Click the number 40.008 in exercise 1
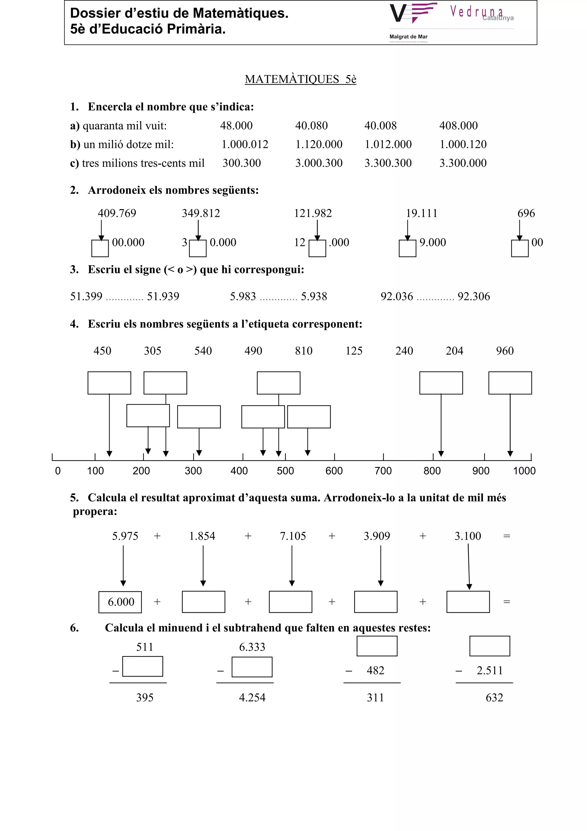click(x=380, y=126)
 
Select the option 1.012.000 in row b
click(x=388, y=145)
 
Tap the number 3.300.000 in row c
click(x=463, y=163)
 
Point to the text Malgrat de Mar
click(x=408, y=36)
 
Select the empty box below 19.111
click(x=407, y=248)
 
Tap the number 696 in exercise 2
click(x=526, y=213)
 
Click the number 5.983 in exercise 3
click(x=243, y=296)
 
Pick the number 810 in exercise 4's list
click(x=304, y=351)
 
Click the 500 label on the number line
click(x=285, y=471)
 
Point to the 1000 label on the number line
click(x=524, y=471)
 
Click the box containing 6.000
click(x=120, y=602)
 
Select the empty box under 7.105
click(x=290, y=602)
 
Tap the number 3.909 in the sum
click(x=377, y=536)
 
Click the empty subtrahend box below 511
click(x=142, y=666)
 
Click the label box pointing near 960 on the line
click(x=510, y=383)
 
